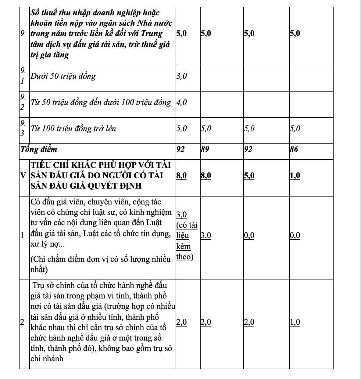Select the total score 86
click(x=294, y=150)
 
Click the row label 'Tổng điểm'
click(x=39, y=150)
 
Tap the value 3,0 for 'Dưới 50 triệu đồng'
click(x=181, y=76)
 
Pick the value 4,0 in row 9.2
click(x=181, y=102)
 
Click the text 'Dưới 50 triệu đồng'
click(x=63, y=76)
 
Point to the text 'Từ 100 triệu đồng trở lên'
click(x=73, y=128)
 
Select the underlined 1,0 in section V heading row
click(x=295, y=176)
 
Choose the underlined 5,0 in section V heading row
click(x=249, y=176)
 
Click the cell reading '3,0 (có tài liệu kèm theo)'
click(x=187, y=236)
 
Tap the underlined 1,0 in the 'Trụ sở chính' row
click(x=295, y=322)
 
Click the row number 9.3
click(x=23, y=128)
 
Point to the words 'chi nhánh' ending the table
click(x=47, y=359)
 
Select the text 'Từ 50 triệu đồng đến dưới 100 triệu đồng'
click(x=101, y=102)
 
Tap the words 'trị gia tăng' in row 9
click(x=50, y=55)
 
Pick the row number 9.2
click(x=23, y=102)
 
